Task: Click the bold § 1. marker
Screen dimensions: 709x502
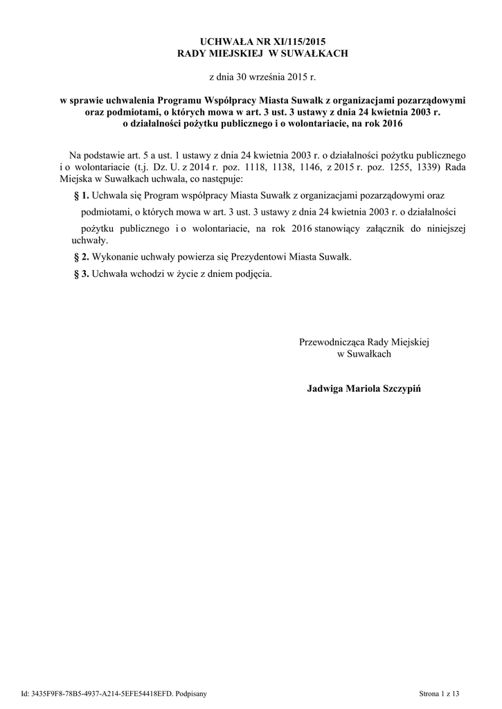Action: coord(81,196)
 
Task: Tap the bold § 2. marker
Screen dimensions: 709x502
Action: coord(81,257)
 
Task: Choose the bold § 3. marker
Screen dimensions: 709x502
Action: coord(81,273)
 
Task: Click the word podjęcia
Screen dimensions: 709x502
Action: coord(253,273)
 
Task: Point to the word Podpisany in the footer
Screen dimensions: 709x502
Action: coord(188,693)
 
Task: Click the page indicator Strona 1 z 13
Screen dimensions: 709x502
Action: coord(439,693)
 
